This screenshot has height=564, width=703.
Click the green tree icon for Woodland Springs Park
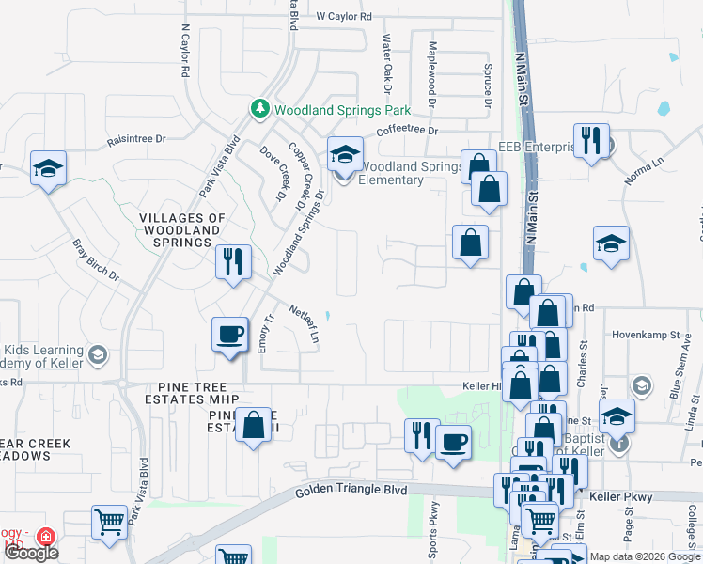[x=260, y=110]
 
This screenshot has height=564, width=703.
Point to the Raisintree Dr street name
[x=136, y=139]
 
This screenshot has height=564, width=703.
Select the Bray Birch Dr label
[x=97, y=260]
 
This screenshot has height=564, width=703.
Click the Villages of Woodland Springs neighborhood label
[x=182, y=230]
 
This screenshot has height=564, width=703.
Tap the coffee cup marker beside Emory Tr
[x=230, y=335]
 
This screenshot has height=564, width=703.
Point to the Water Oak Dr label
[x=386, y=58]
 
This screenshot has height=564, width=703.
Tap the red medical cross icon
[x=44, y=537]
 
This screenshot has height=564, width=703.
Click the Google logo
[x=31, y=553]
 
